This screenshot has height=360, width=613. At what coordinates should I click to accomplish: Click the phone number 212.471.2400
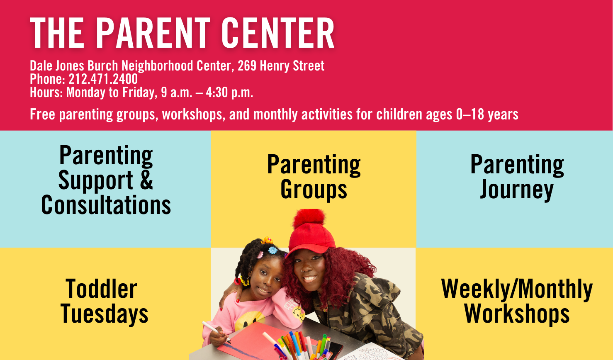click(x=103, y=79)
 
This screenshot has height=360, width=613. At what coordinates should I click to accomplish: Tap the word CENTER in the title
click(x=278, y=33)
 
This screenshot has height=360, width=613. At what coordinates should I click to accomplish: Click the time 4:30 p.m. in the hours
click(x=229, y=92)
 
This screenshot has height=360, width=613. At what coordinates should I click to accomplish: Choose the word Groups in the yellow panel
click(x=314, y=190)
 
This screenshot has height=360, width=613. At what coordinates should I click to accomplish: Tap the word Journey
click(x=517, y=190)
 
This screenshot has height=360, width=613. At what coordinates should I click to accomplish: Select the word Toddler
click(x=101, y=289)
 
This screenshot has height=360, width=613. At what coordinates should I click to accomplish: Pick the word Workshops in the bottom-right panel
click(x=517, y=315)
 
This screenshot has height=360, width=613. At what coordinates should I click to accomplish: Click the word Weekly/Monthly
click(x=517, y=289)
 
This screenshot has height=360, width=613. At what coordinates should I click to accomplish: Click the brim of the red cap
click(x=311, y=247)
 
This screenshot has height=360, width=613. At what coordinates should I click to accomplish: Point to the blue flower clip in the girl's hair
click(x=272, y=250)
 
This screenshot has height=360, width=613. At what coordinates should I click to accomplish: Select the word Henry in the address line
click(x=275, y=66)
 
